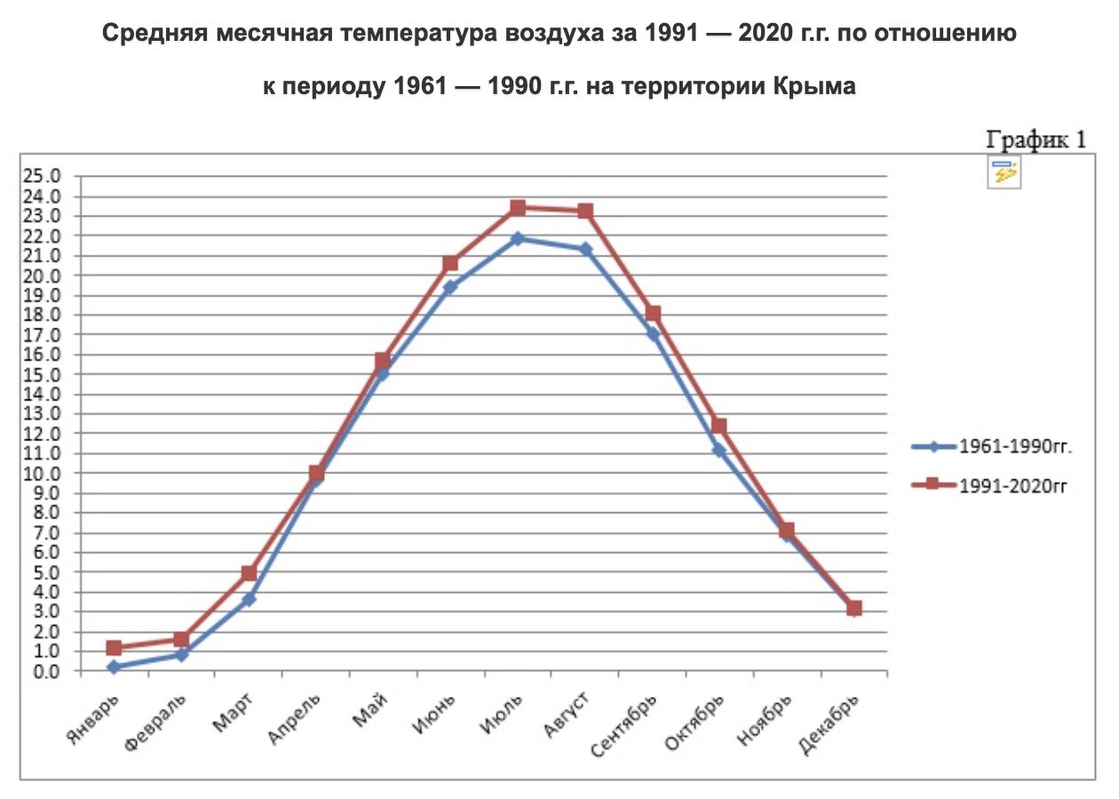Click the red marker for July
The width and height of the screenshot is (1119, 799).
[x=518, y=208]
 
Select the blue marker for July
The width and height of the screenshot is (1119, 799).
[x=518, y=239]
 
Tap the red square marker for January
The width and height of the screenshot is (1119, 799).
[x=114, y=648]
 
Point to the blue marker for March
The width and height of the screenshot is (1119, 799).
[x=249, y=599]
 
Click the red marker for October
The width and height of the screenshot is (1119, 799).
[x=719, y=426]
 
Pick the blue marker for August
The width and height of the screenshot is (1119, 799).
[x=585, y=249]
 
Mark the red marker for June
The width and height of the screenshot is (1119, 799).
[x=450, y=263]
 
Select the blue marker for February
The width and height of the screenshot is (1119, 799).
[x=181, y=654]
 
